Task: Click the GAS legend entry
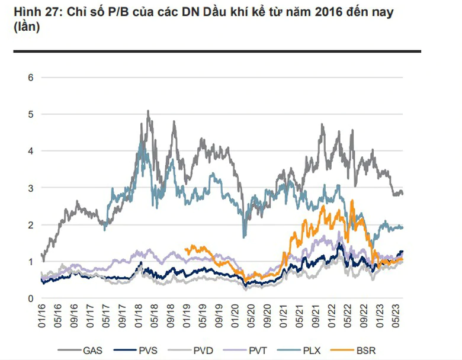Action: point(80,351)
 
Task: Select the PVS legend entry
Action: point(136,351)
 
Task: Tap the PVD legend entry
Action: point(191,351)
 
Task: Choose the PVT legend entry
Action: point(245,351)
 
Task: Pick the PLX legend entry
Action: point(299,351)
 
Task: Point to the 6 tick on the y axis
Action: point(31,78)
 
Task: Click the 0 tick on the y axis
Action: point(31,298)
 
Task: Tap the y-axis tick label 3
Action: point(31,188)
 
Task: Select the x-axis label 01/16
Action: point(42,316)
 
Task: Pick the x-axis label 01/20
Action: point(235,316)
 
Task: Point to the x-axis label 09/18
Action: point(171,316)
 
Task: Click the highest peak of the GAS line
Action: point(148,111)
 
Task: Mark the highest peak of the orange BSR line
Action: point(352,200)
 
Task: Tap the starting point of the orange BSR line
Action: point(185,249)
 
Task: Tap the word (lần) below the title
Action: point(27,27)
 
